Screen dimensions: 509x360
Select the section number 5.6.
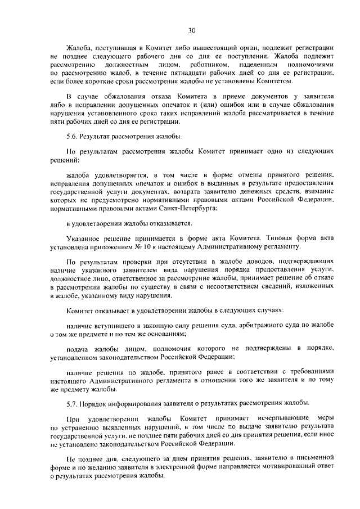[73, 136]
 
